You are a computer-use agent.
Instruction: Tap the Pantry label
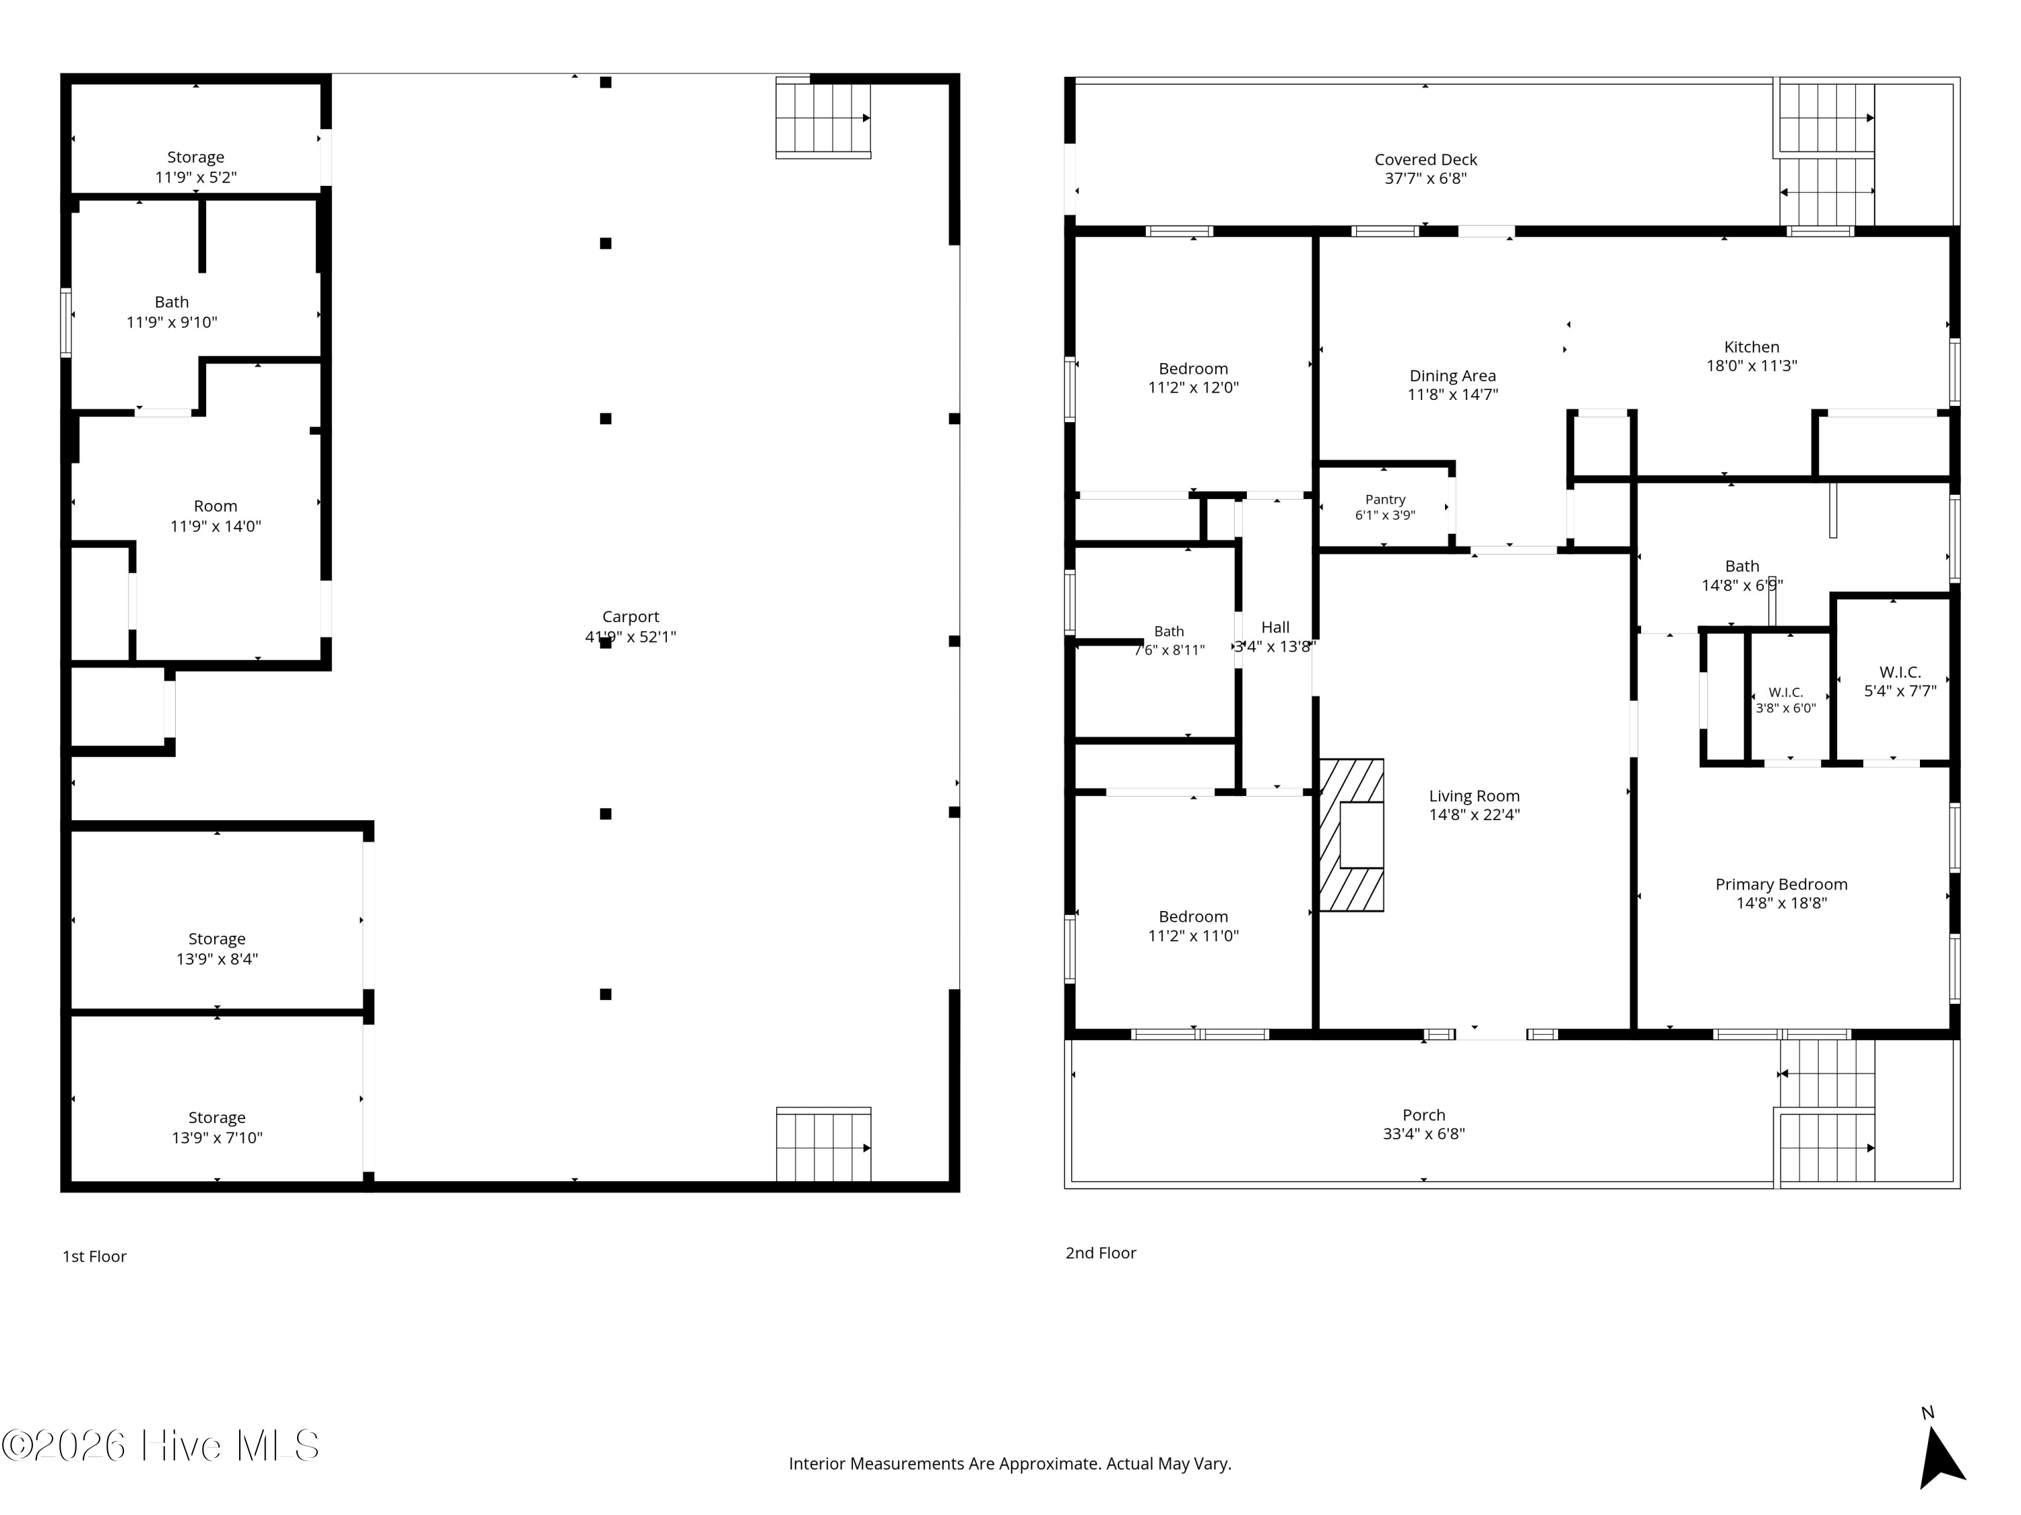coord(1385,500)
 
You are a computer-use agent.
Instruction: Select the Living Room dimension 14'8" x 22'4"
coord(1475,815)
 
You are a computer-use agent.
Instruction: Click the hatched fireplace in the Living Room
coord(1351,835)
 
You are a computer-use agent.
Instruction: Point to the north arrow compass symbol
coord(1941,1459)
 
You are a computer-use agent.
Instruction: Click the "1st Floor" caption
coord(94,1256)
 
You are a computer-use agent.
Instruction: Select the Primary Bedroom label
coord(1782,884)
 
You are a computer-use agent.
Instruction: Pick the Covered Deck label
coord(1425,160)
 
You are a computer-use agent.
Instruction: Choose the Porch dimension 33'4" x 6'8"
coord(1423,1134)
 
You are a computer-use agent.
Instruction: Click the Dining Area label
coord(1452,375)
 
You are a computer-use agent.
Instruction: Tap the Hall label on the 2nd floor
coord(1275,628)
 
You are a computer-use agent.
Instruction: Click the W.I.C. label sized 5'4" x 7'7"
coord(1900,672)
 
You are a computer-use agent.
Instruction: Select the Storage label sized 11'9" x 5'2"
coord(195,157)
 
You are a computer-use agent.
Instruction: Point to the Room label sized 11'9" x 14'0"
coord(216,506)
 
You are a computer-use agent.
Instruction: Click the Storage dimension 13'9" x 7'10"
coord(218,1138)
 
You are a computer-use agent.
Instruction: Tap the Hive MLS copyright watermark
coord(161,1446)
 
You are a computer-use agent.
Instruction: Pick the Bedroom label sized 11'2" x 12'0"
coord(1193,369)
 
